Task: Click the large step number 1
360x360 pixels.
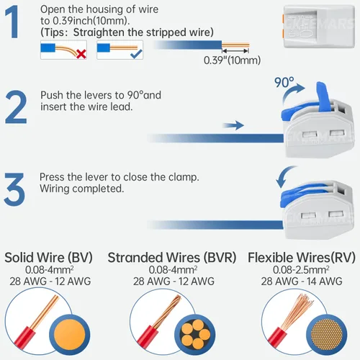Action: point(12,22)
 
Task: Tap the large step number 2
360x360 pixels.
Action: point(16,107)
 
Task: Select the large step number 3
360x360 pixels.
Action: point(14,189)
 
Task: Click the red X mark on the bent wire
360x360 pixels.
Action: point(81,54)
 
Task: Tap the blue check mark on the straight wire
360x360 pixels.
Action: point(136,54)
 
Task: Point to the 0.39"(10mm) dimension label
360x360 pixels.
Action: point(232,60)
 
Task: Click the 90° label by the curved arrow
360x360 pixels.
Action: point(284,82)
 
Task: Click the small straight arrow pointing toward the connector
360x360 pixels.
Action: point(233,125)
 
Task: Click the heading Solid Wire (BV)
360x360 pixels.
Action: point(49,258)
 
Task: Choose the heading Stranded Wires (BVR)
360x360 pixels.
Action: point(172,258)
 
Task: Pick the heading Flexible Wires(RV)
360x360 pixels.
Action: point(302,258)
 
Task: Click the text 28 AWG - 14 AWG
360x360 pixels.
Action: point(302,282)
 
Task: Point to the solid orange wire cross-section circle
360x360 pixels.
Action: point(70,335)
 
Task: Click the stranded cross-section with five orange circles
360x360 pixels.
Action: point(195,335)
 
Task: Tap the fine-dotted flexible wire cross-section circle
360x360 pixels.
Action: point(327,335)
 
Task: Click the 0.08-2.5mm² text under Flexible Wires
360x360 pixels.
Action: point(301,270)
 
